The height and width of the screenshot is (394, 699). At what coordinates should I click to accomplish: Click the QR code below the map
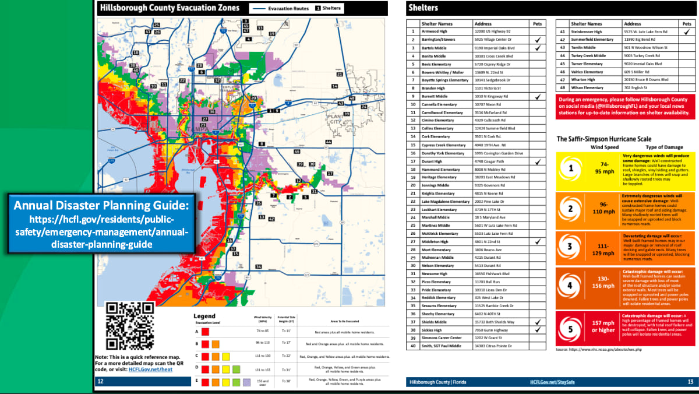(x=129, y=326)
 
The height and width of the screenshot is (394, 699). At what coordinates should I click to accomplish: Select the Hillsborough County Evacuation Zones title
(x=169, y=8)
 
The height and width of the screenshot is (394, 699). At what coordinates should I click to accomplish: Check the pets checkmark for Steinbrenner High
(x=687, y=31)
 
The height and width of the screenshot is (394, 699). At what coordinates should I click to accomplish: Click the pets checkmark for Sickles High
(x=537, y=330)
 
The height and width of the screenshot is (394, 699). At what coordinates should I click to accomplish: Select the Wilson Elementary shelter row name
(x=587, y=88)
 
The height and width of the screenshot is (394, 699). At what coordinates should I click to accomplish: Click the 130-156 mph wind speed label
(x=603, y=282)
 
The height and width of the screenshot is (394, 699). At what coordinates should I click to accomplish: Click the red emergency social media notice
(x=625, y=107)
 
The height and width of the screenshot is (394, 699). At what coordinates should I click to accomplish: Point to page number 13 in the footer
(x=690, y=382)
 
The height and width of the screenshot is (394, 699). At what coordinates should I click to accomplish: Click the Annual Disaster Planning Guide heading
(x=102, y=206)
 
